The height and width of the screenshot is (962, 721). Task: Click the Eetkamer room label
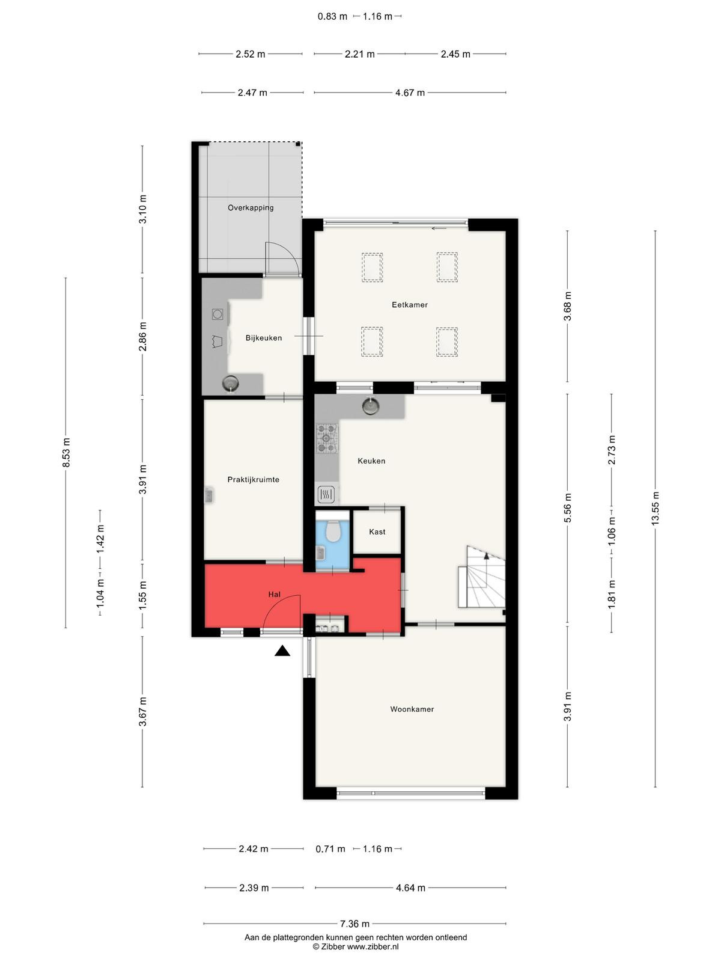pyautogui.click(x=409, y=305)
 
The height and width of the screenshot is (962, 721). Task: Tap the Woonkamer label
pyautogui.click(x=412, y=709)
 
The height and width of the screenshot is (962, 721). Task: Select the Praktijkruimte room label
pyautogui.click(x=253, y=479)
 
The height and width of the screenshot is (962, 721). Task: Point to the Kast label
pyautogui.click(x=377, y=532)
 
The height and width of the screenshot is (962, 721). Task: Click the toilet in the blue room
pyautogui.click(x=333, y=530)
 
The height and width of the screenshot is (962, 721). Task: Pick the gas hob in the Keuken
pyautogui.click(x=327, y=438)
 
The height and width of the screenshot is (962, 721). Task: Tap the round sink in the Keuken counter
pyautogui.click(x=370, y=406)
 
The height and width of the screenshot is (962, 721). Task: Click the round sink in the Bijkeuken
pyautogui.click(x=230, y=384)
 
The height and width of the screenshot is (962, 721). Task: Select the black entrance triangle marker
pyautogui.click(x=282, y=651)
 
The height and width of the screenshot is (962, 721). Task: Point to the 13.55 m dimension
pyautogui.click(x=655, y=509)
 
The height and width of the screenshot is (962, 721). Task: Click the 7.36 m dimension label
pyautogui.click(x=354, y=924)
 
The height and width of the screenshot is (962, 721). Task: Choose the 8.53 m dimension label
pyautogui.click(x=66, y=453)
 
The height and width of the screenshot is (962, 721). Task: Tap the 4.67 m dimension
pyautogui.click(x=410, y=93)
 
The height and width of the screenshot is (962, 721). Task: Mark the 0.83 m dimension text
pyautogui.click(x=332, y=17)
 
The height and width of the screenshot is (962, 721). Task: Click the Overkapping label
pyautogui.click(x=251, y=208)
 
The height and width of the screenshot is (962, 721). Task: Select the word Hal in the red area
pyautogui.click(x=275, y=594)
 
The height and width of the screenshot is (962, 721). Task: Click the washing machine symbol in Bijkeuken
pyautogui.click(x=218, y=314)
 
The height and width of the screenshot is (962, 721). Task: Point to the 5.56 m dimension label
pyautogui.click(x=567, y=508)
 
